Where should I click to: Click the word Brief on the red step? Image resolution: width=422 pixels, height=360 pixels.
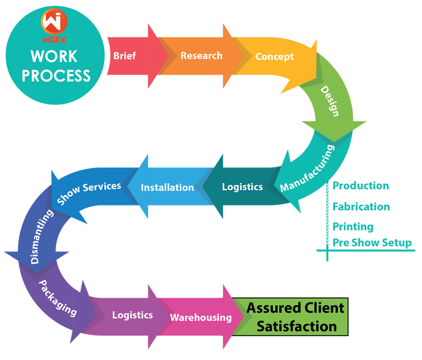pyautogui.click(x=125, y=56)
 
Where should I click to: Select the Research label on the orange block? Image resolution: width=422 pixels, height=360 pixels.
pyautogui.click(x=201, y=56)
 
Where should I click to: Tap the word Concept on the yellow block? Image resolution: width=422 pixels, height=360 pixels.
pyautogui.click(x=275, y=57)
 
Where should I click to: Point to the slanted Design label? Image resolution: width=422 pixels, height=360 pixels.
pyautogui.click(x=330, y=101)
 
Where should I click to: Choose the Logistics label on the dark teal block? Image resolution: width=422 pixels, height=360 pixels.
pyautogui.click(x=242, y=187)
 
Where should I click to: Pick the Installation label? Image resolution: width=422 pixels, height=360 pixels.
pyautogui.click(x=167, y=187)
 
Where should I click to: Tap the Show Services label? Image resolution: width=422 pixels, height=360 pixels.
pyautogui.click(x=89, y=192)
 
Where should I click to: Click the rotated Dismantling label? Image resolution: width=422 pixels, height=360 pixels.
pyautogui.click(x=42, y=236)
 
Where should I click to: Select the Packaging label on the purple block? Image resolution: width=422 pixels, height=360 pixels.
pyautogui.click(x=58, y=298)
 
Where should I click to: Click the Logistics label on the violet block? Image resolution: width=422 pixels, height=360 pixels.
pyautogui.click(x=132, y=315)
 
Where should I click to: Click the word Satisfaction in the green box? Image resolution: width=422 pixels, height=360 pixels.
pyautogui.click(x=297, y=326)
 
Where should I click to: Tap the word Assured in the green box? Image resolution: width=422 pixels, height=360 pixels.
pyautogui.click(x=271, y=308)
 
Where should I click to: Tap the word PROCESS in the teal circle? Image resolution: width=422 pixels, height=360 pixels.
pyautogui.click(x=56, y=76)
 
